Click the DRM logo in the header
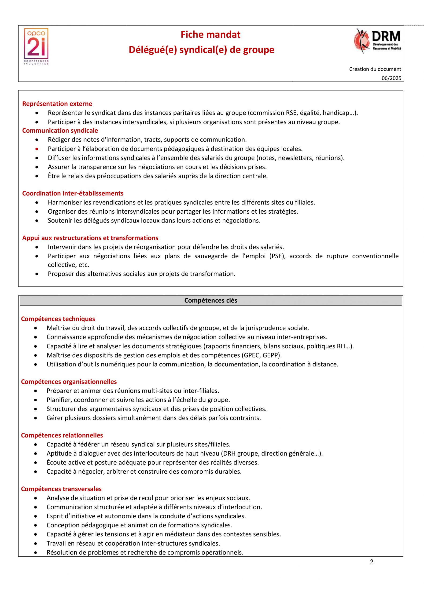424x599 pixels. point(378,41)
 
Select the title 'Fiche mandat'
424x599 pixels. point(210,35)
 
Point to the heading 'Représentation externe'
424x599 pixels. point(57,104)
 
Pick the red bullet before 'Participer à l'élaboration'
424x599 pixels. point(37,149)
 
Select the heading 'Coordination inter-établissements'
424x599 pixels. point(73,193)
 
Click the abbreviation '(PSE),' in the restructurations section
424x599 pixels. point(277,256)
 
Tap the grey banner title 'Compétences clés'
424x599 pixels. point(211,300)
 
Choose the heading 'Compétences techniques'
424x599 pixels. point(58,319)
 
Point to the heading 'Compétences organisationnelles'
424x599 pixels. point(69,382)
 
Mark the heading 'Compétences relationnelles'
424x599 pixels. point(62,435)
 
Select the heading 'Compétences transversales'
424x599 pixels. point(61,489)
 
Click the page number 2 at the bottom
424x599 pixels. point(372,562)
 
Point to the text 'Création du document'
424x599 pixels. point(375,69)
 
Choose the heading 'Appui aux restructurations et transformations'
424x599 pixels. point(90,238)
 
